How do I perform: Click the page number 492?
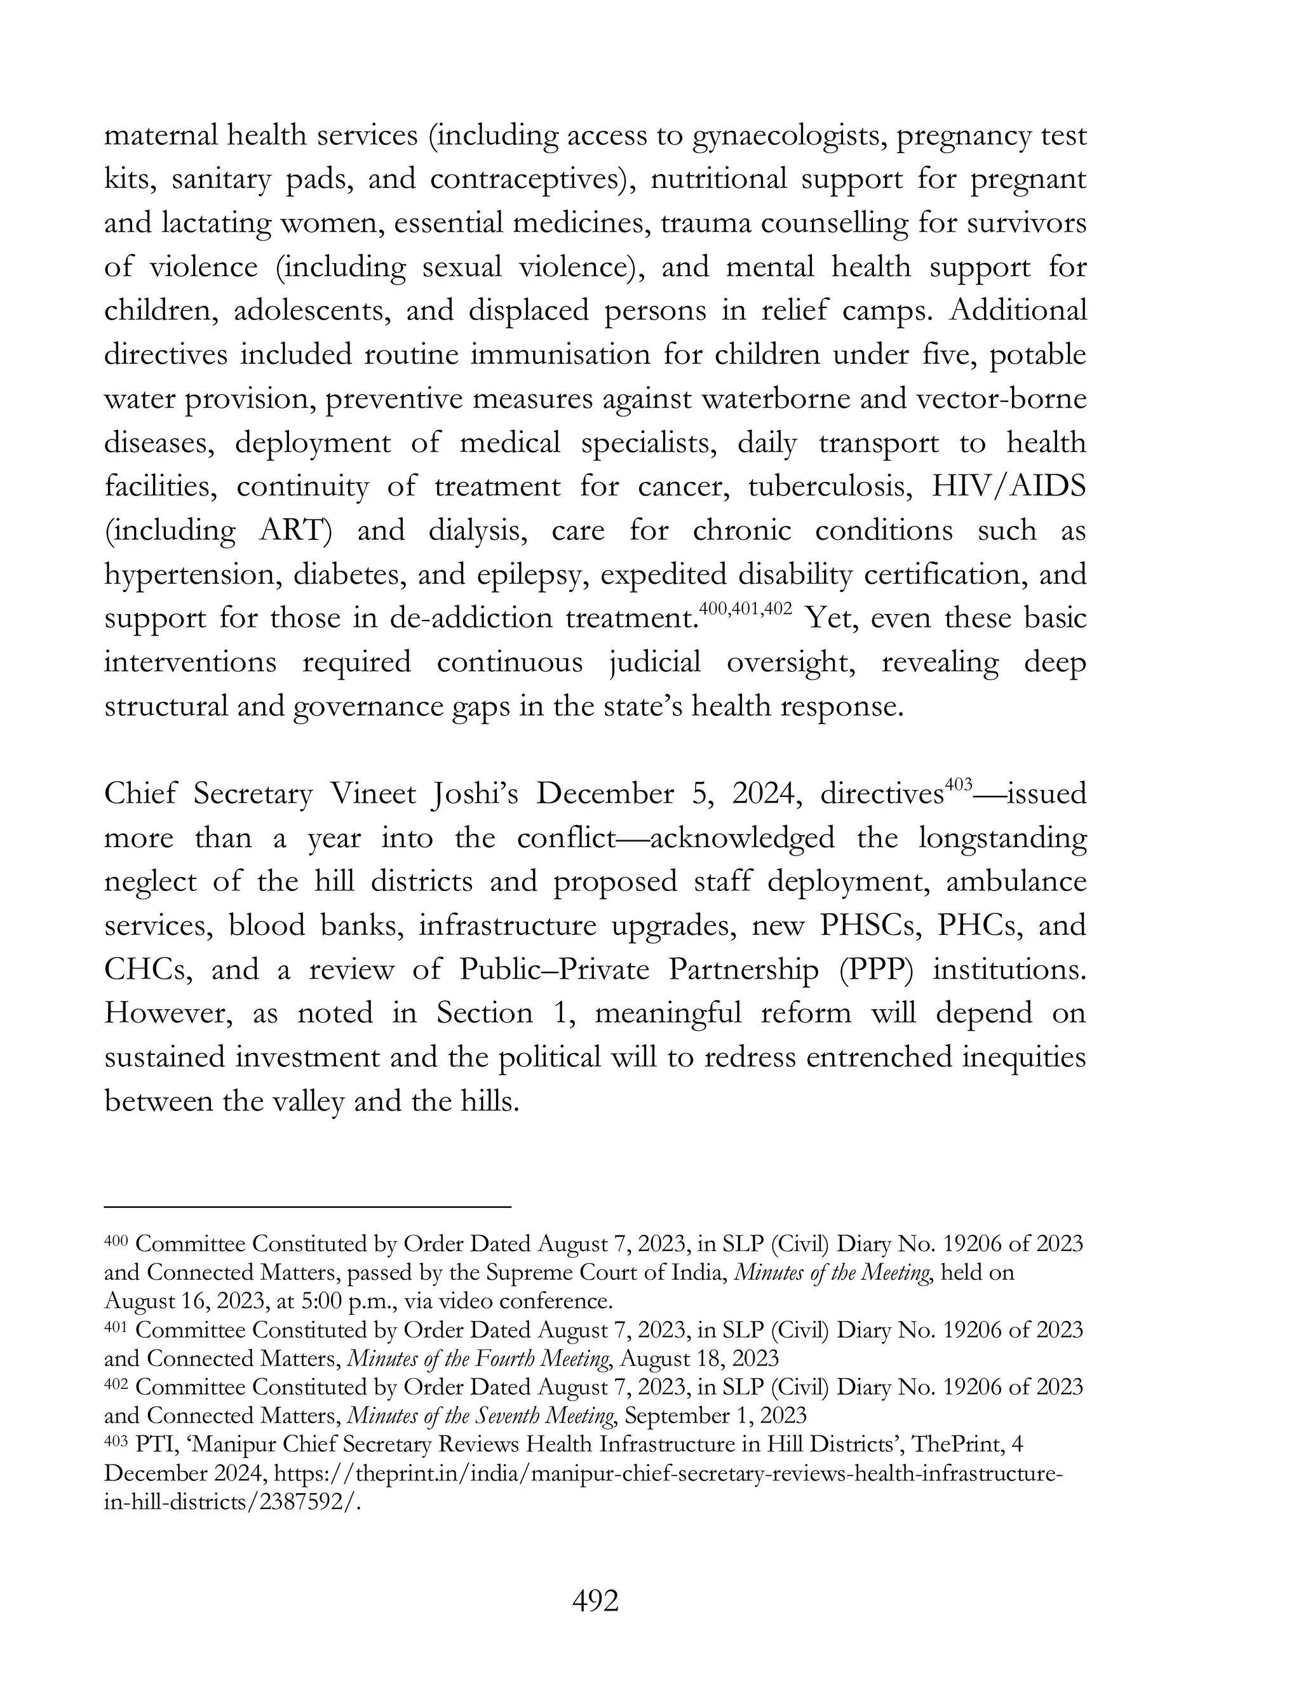coord(595,1600)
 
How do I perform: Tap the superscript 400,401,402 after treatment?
coord(745,610)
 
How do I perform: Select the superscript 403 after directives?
coord(959,785)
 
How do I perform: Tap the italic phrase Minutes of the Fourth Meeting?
coord(478,1358)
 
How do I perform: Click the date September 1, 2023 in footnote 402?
coord(715,1416)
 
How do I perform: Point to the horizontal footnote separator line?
coord(307,1206)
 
